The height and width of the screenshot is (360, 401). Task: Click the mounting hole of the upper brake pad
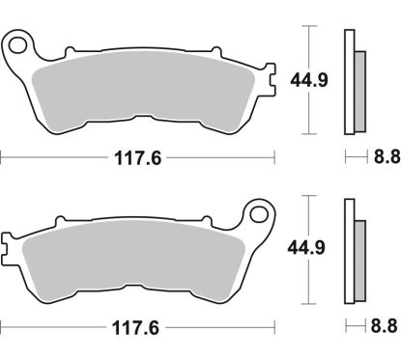click(17, 43)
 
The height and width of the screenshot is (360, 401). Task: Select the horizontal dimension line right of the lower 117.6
click(222, 326)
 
